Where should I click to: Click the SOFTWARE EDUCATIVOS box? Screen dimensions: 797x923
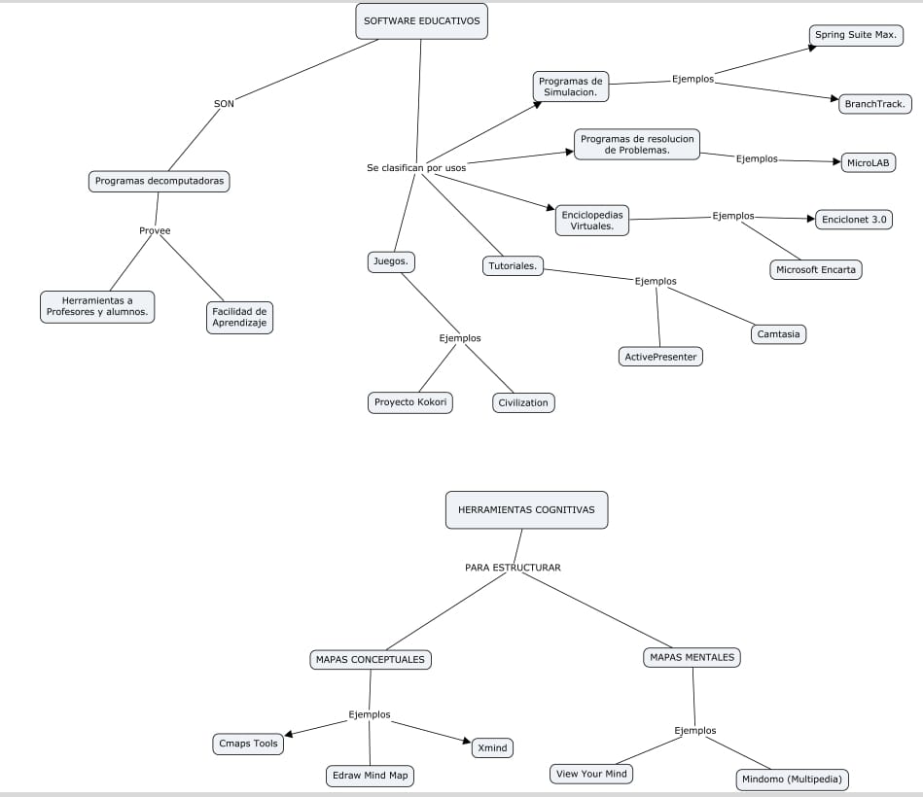point(421,21)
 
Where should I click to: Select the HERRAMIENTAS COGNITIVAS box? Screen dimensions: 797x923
point(526,509)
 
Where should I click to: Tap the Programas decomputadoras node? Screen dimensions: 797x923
point(159,181)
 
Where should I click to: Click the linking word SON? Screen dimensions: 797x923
point(224,103)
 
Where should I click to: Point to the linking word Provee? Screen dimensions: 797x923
point(155,230)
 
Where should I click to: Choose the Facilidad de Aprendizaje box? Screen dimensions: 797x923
point(239,318)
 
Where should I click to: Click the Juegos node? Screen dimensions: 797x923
point(392,261)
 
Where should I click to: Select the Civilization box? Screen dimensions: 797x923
point(523,402)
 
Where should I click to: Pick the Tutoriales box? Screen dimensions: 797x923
point(514,265)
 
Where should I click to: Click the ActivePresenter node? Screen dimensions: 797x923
point(660,357)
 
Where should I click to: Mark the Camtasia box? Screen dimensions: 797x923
point(780,334)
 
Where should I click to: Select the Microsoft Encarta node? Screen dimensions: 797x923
point(816,269)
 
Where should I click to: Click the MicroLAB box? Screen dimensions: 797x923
point(869,163)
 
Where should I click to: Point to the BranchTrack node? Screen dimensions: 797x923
point(875,103)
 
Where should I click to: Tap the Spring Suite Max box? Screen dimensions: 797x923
point(856,36)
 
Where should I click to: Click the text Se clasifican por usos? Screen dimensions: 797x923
point(415,168)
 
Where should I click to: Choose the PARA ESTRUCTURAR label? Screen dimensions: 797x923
point(513,568)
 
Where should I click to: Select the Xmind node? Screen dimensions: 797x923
point(492,747)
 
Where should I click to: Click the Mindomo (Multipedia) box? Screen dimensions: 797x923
point(793,780)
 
